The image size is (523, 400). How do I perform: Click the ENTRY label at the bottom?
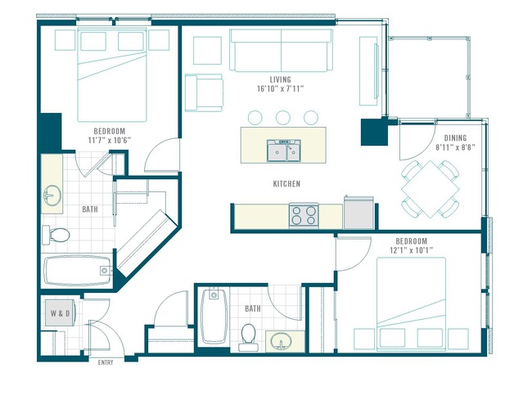(106, 362)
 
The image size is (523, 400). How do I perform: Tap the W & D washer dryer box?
(60, 313)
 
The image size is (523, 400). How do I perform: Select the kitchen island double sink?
(284, 151)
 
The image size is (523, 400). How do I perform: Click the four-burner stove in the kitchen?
(304, 215)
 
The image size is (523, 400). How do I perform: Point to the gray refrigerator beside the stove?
(358, 213)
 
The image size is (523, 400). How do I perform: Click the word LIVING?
(280, 79)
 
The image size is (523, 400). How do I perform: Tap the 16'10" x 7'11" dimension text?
(280, 88)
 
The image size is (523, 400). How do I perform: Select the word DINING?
(455, 138)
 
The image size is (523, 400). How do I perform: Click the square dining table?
(431, 189)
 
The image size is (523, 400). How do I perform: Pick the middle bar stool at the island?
(283, 118)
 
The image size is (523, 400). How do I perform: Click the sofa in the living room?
(281, 51)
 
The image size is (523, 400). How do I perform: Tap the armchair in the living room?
(204, 93)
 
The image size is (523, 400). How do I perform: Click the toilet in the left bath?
(56, 235)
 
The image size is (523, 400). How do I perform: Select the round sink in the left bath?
(52, 196)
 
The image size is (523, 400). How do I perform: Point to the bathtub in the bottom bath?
(214, 317)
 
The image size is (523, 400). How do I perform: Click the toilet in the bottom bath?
(249, 337)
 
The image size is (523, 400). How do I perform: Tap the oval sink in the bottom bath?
(282, 342)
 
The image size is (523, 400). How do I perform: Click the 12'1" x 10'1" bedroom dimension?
(411, 250)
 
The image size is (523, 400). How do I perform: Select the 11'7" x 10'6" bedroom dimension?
(110, 141)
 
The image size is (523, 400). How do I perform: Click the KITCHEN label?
(286, 184)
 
